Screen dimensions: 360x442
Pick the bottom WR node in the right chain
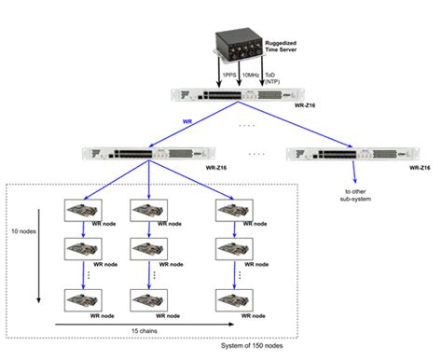232,299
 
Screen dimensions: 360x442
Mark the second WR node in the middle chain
148,249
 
